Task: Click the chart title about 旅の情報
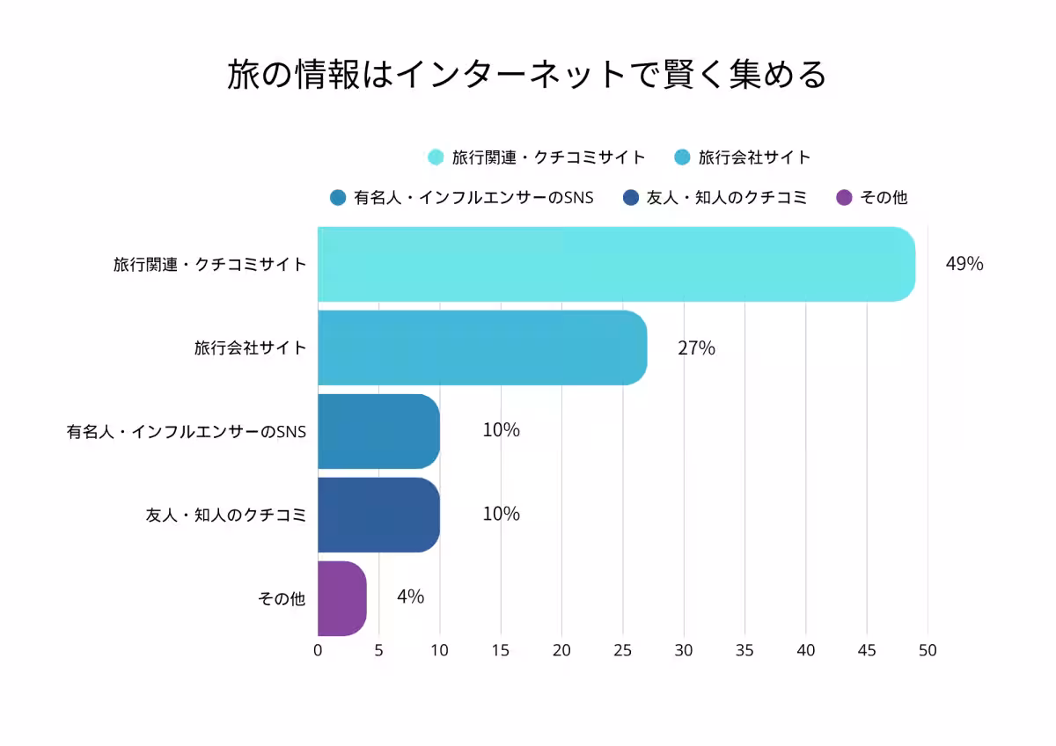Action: (x=527, y=75)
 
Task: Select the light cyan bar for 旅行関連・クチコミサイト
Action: (x=616, y=264)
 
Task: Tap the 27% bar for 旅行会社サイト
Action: (x=482, y=347)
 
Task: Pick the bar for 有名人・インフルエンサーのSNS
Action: (x=378, y=431)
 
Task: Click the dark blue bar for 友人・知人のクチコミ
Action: (x=378, y=515)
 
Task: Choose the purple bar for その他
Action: (x=341, y=598)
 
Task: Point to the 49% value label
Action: (x=964, y=264)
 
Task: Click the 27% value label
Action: (x=696, y=347)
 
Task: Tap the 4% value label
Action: (x=410, y=596)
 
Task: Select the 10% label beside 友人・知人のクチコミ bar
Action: (x=501, y=514)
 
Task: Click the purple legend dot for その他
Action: (x=844, y=197)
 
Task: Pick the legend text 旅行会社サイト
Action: (x=754, y=157)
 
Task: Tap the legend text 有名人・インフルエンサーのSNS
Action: (x=473, y=197)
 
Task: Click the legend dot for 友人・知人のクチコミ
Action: (x=630, y=197)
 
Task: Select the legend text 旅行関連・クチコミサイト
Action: (x=548, y=157)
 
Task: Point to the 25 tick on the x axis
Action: (x=623, y=651)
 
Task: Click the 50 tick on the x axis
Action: (x=928, y=651)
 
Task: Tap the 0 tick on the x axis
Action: (x=318, y=651)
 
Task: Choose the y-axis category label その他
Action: (x=281, y=598)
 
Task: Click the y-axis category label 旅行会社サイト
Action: (x=250, y=347)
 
